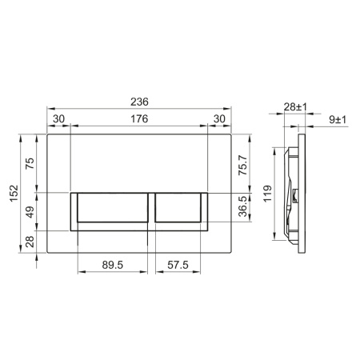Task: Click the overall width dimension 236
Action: [140, 102]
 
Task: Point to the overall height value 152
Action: [12, 194]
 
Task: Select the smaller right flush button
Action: [181, 210]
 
